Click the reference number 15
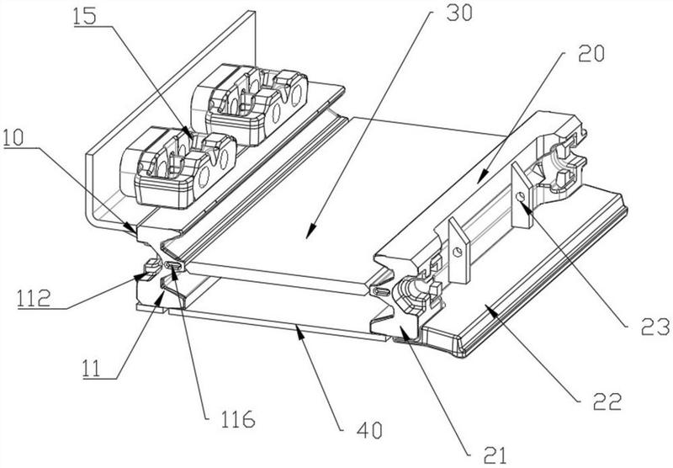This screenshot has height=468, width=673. tap(85, 17)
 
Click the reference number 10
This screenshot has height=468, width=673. tap(13, 138)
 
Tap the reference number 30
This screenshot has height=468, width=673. tap(459, 13)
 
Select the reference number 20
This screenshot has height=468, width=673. tap(591, 53)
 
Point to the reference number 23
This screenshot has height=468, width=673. tap(655, 327)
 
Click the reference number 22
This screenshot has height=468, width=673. tap(607, 401)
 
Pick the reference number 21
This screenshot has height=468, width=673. tap(495, 455)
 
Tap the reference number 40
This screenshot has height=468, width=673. tap(369, 430)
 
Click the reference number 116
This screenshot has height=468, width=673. tap(238, 418)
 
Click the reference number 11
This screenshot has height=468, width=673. tap(91, 369)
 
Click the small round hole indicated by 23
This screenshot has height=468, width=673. tap(520, 196)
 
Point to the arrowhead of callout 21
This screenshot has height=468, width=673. tap(404, 331)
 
